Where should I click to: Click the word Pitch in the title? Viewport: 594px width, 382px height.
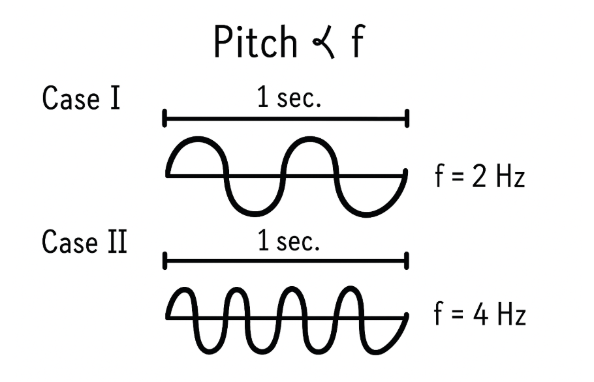[255, 44]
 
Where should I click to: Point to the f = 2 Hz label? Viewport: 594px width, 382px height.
[479, 177]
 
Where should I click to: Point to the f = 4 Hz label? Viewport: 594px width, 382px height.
[479, 316]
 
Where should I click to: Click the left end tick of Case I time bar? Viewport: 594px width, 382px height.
[164, 119]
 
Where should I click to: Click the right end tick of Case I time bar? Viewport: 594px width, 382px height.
[407, 119]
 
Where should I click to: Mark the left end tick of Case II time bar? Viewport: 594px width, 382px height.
[164, 261]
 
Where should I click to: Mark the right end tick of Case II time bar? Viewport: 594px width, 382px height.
[407, 261]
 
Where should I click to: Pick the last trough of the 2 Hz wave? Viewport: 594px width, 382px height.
[369, 213]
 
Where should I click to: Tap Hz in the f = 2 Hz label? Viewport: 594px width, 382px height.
[510, 177]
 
